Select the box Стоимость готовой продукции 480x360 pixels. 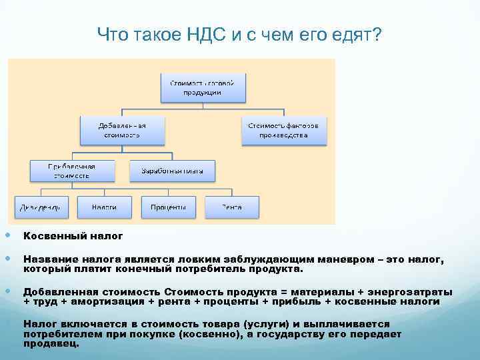pos(203,87)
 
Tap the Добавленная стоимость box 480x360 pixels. pos(122,130)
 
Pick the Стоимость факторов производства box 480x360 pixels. pos(284,130)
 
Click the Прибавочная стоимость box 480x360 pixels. pos(71,170)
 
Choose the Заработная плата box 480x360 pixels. pos(173,170)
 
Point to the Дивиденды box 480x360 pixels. pos(40,207)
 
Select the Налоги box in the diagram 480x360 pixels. pos(103,207)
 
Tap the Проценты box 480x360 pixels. pos(168,207)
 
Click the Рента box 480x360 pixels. pos(232,207)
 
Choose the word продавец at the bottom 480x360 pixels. pos(51,344)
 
